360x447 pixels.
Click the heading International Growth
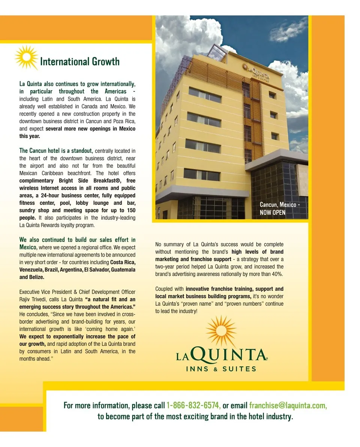[79, 61]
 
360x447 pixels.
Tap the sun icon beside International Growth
[26, 57]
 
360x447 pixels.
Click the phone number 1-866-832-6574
[193, 405]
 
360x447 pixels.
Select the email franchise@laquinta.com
[288, 405]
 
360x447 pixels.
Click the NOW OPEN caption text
[273, 212]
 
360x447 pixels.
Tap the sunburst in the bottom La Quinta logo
[221, 331]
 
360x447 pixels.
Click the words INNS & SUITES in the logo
[221, 369]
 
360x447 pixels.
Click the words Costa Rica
[123, 262]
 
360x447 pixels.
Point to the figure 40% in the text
[277, 274]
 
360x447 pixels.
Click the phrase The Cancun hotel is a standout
[56, 151]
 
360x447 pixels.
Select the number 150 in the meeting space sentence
[131, 210]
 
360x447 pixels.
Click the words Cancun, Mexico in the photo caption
[278, 205]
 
